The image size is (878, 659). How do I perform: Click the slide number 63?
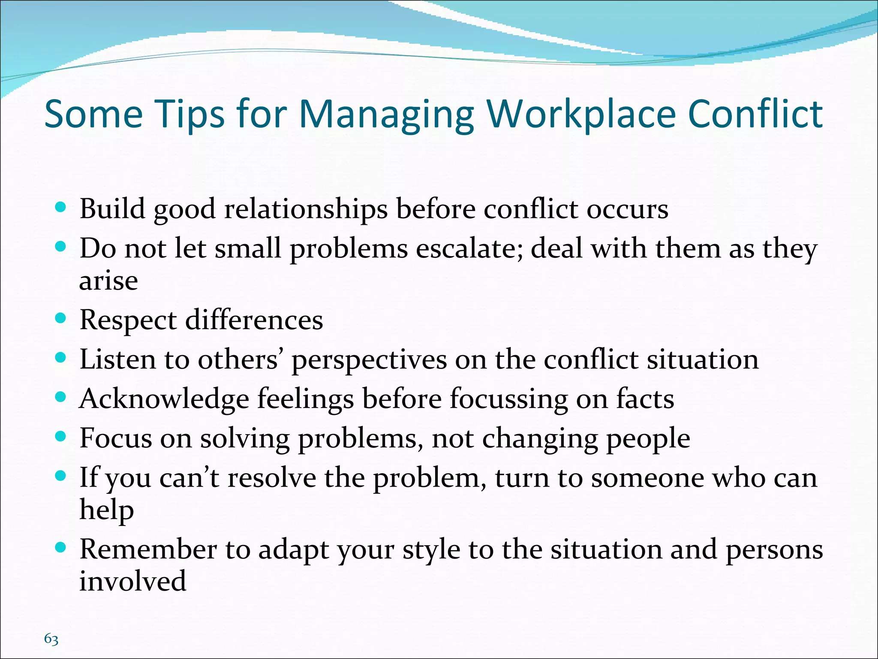click(51, 639)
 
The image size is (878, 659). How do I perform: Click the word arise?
click(108, 281)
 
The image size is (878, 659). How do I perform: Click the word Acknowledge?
click(164, 399)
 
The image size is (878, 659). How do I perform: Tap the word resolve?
click(272, 478)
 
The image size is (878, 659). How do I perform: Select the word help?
click(106, 511)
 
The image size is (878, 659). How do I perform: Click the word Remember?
click(148, 549)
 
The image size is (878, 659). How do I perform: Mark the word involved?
click(132, 581)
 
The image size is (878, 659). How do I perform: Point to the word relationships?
click(306, 210)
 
